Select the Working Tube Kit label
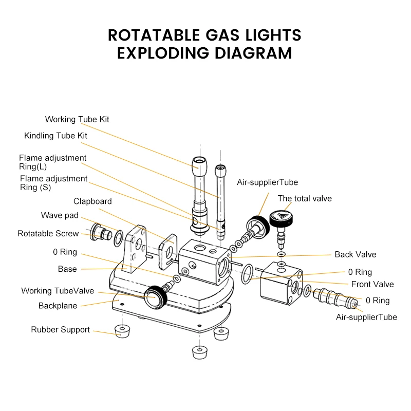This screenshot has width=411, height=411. (77, 119)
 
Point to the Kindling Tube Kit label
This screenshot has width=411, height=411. (55, 136)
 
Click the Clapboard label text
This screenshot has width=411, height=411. (92, 201)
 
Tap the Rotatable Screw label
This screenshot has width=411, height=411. (48, 233)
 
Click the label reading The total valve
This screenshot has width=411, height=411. (305, 198)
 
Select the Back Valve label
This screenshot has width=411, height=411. (356, 254)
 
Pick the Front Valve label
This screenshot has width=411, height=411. (372, 284)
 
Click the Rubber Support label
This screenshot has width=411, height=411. (60, 330)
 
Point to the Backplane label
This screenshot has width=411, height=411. (58, 306)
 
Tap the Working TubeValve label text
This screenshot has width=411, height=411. (58, 291)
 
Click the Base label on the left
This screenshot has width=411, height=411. (67, 269)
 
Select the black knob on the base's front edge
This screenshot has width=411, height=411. (151, 295)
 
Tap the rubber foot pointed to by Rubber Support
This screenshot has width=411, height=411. (121, 330)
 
